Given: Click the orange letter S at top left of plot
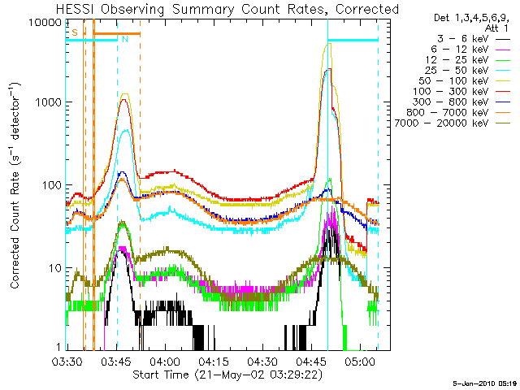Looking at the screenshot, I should point(75,32).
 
